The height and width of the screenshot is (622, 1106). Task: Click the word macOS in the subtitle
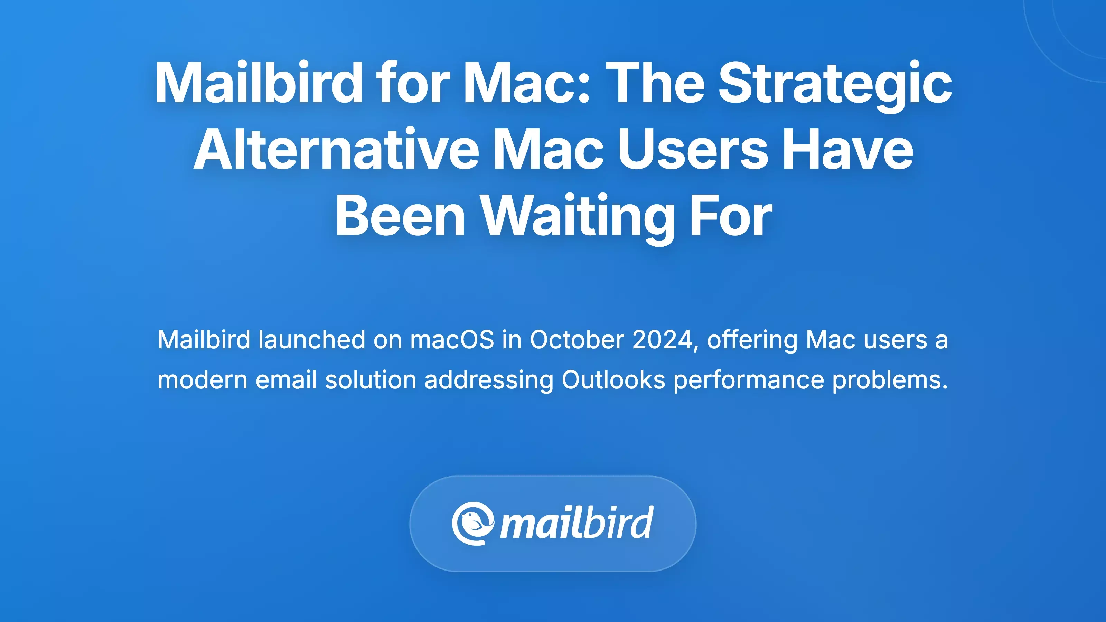[452, 340]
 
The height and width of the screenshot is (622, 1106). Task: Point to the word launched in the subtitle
[312, 340]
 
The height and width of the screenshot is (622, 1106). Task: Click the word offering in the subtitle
[752, 340]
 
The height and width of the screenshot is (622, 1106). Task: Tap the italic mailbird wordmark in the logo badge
[577, 523]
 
